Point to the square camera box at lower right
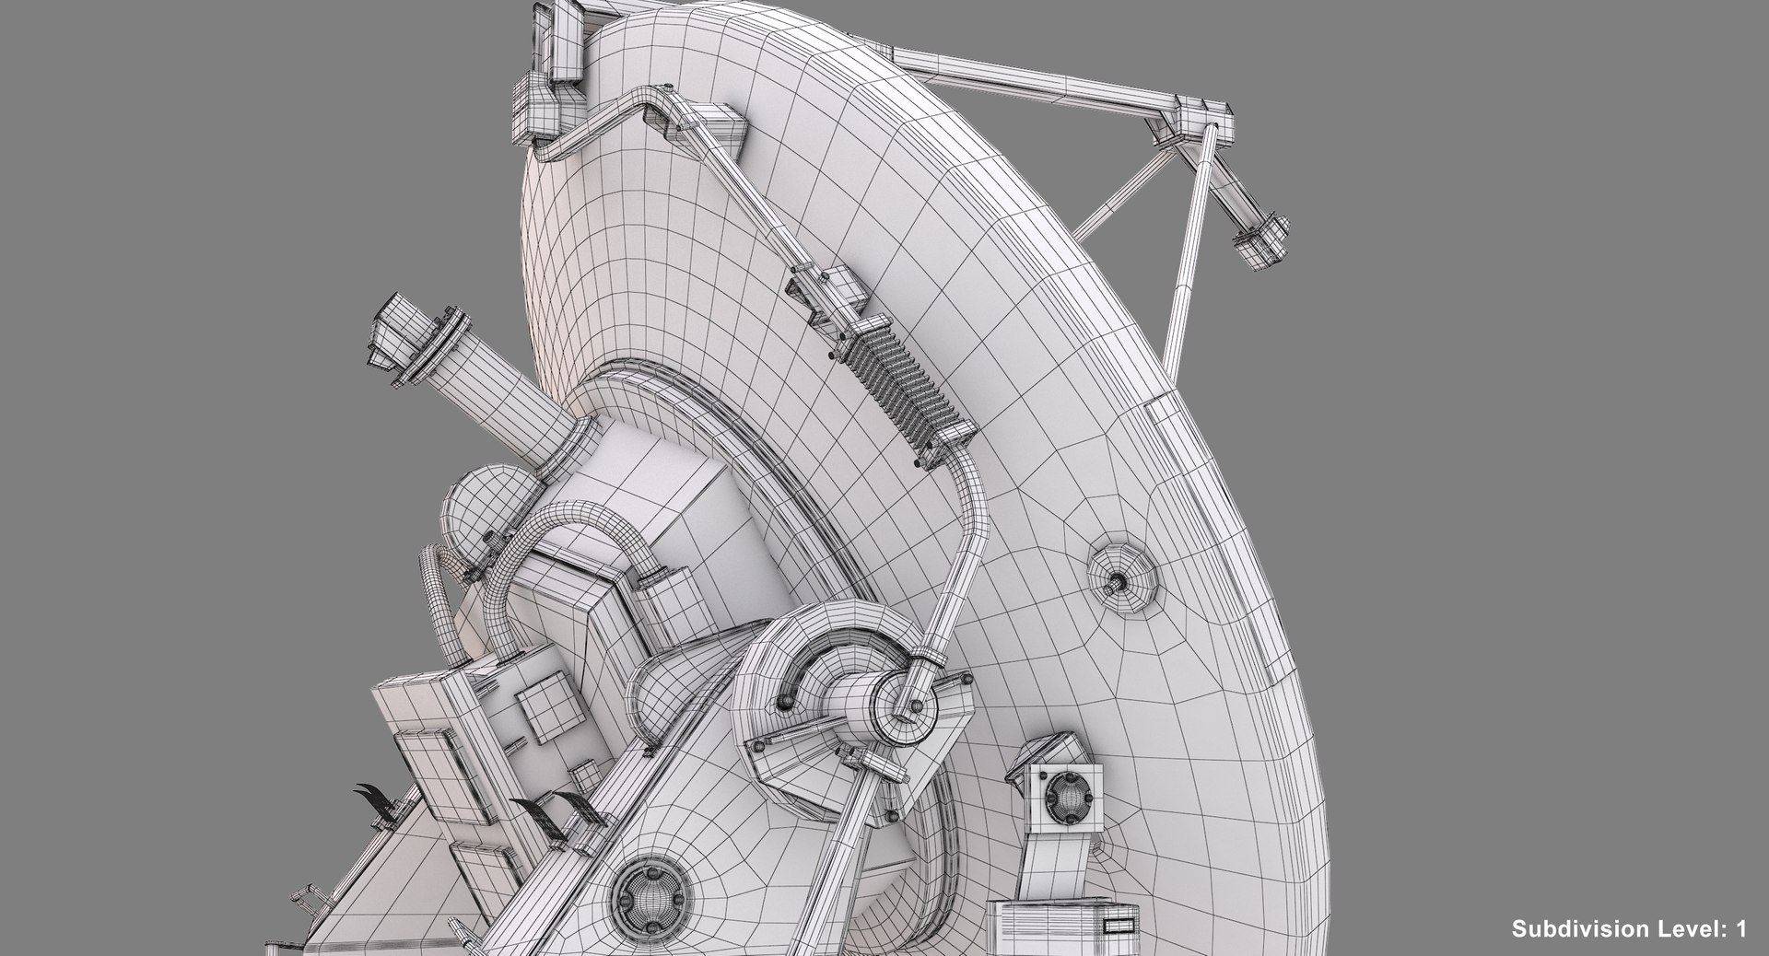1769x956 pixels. tap(1066, 793)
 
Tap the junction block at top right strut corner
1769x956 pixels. tap(1202, 119)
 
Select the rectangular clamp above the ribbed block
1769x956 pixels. tap(828, 294)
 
